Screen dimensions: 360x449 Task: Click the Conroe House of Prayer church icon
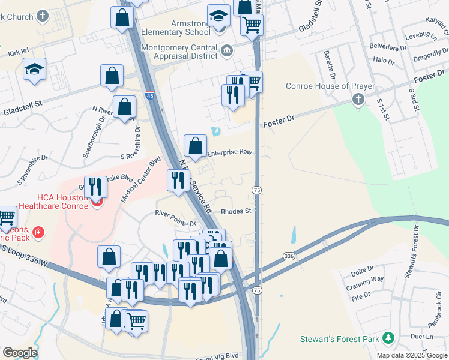pyautogui.click(x=358, y=99)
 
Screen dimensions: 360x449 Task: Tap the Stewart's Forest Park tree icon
pyautogui.click(x=388, y=339)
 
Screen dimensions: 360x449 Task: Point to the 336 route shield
pyautogui.click(x=289, y=256)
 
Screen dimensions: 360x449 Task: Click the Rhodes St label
pyautogui.click(x=235, y=211)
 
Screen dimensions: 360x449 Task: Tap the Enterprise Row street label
pyautogui.click(x=229, y=152)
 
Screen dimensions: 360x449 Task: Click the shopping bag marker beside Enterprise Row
pyautogui.click(x=195, y=146)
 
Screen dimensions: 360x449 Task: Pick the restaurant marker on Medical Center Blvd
pyautogui.click(x=95, y=188)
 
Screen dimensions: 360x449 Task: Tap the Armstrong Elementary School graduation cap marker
pyautogui.click(x=219, y=17)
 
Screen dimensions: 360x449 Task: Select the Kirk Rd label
pyautogui.click(x=19, y=52)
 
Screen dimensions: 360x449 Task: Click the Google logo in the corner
pyautogui.click(x=19, y=353)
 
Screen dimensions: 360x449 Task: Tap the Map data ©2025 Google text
pyautogui.click(x=412, y=355)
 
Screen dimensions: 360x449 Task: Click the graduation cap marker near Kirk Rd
pyautogui.click(x=35, y=70)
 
